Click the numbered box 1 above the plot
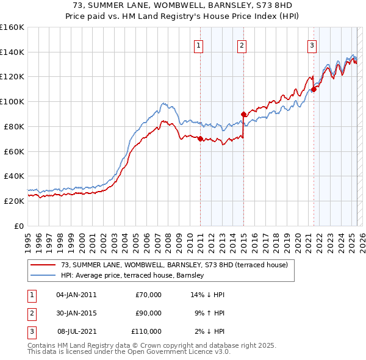tap(199, 45)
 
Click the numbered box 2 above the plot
tap(242, 45)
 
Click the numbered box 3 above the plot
tap(312, 45)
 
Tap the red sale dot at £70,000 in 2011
tap(200, 139)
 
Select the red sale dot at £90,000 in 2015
tap(243, 113)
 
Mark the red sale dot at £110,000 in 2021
tap(314, 89)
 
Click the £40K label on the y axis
tap(14, 176)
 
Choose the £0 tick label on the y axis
tap(20, 226)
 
